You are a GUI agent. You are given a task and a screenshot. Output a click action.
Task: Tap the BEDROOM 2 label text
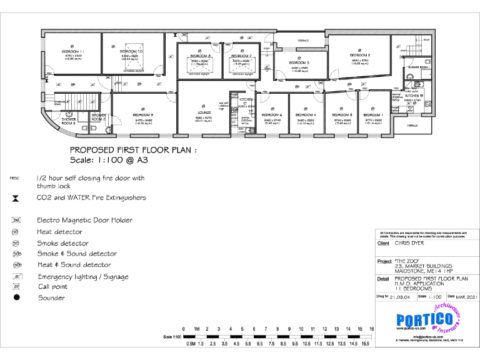point(360,56)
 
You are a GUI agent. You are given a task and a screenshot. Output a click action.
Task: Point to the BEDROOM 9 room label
point(143,115)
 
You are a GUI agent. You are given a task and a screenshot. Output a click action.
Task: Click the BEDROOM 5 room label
point(299,62)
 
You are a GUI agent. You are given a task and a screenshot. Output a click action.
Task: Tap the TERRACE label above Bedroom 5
point(302,41)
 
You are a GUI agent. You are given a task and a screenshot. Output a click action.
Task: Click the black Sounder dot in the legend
point(17,297)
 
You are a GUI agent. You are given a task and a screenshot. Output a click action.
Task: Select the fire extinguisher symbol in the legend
point(16,198)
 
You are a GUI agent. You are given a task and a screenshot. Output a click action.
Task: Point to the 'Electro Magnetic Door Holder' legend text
point(84,220)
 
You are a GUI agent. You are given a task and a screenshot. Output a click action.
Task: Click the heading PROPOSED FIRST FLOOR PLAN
point(133,150)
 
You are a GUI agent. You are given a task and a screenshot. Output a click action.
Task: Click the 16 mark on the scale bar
point(371,329)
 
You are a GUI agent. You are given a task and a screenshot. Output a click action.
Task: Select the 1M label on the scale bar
point(196,329)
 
